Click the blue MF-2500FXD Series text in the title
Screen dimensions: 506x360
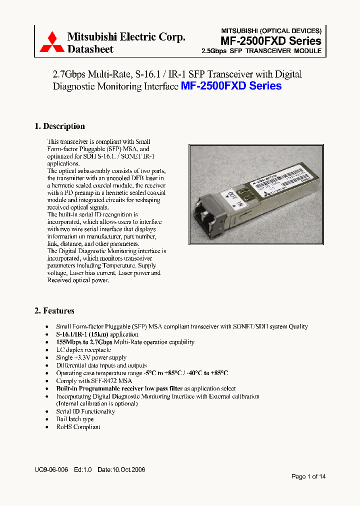231,86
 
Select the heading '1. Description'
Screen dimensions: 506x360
59,126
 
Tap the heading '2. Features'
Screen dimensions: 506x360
54,311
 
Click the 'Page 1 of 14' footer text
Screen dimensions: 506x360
308,476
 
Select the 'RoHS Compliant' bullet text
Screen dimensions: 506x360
78,427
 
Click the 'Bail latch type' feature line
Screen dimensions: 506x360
74,419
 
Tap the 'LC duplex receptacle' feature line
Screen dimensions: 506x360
83,350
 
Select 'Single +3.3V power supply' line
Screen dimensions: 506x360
91,358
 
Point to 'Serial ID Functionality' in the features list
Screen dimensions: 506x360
85,411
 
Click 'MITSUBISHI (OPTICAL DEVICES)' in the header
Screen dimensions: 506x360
271,30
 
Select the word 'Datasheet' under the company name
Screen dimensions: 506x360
90,49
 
